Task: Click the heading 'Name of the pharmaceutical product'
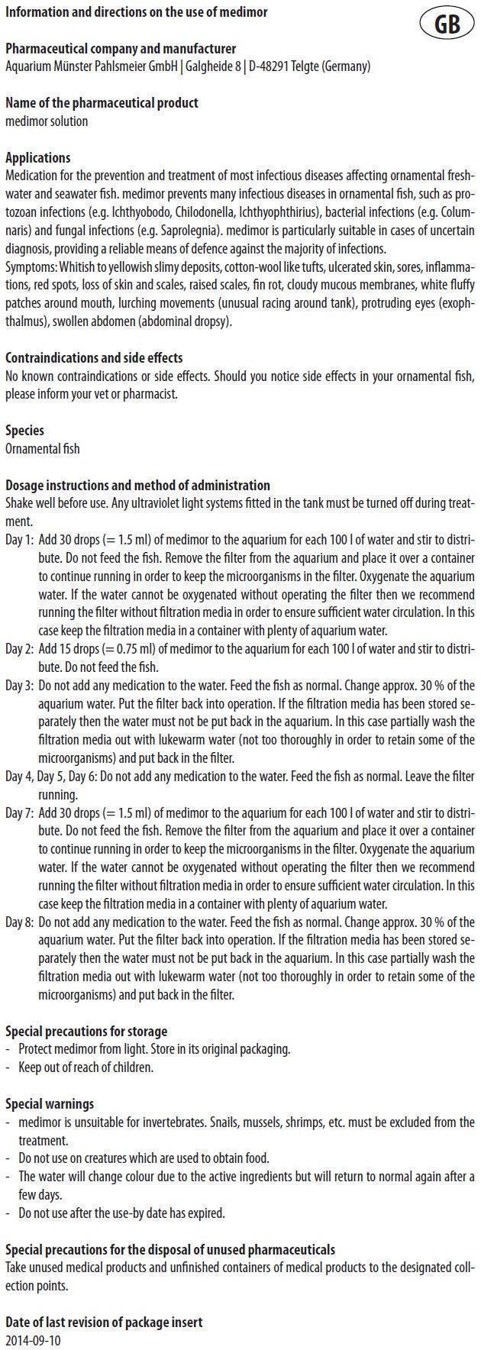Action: point(102,103)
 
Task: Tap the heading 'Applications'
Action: point(38,158)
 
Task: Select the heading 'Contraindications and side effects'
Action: point(94,358)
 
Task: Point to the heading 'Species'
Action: point(24,431)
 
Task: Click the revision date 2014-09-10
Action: point(33,1340)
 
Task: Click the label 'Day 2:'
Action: point(20,649)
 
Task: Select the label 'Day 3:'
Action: point(20,686)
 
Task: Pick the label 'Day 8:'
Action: point(20,922)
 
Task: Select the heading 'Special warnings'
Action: point(50,1103)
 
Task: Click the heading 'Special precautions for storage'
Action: point(86,1031)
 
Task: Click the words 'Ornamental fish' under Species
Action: point(42,449)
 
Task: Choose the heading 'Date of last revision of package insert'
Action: point(104,1322)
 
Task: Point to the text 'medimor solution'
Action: point(47,121)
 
